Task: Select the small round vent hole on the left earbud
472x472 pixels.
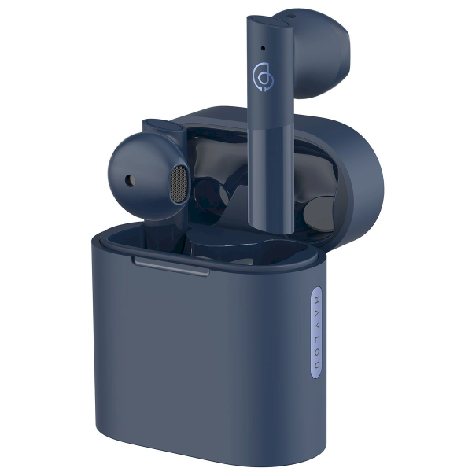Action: (127, 179)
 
